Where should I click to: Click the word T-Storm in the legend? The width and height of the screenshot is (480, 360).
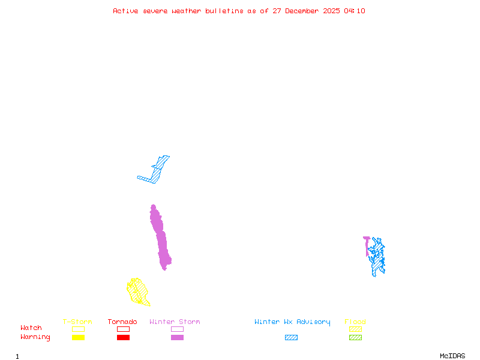(77, 322)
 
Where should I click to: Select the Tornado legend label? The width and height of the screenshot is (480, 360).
(122, 322)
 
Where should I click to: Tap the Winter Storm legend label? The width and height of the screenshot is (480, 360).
(175, 322)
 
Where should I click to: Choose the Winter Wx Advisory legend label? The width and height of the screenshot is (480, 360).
(292, 322)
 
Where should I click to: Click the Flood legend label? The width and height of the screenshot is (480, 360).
(355, 322)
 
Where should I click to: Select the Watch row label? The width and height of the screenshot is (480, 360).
(31, 328)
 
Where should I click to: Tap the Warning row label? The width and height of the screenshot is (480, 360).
(35, 337)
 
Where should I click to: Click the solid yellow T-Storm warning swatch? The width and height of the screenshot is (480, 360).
(78, 337)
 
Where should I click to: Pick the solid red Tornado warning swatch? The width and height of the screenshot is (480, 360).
(123, 337)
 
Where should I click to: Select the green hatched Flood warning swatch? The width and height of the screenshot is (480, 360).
(355, 337)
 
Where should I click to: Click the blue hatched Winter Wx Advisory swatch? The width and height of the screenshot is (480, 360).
(291, 337)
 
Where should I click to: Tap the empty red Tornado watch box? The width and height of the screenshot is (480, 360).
(123, 329)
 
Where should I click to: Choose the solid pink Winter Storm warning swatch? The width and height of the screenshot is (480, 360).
(177, 337)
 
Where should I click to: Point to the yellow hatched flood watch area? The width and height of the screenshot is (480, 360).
(138, 291)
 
